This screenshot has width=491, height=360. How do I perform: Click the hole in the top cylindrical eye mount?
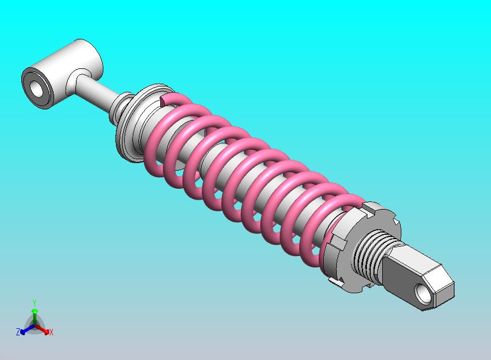(x=37, y=89)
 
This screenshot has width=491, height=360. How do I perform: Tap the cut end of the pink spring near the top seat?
(x=163, y=100)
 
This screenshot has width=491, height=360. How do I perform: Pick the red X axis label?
(x=51, y=332)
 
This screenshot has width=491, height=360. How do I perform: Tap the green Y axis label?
(x=34, y=303)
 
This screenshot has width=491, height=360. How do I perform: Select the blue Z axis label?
(x=18, y=332)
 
